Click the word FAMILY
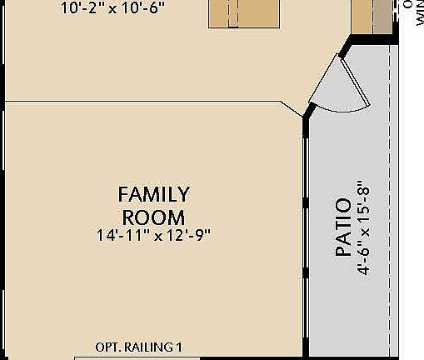153,195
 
